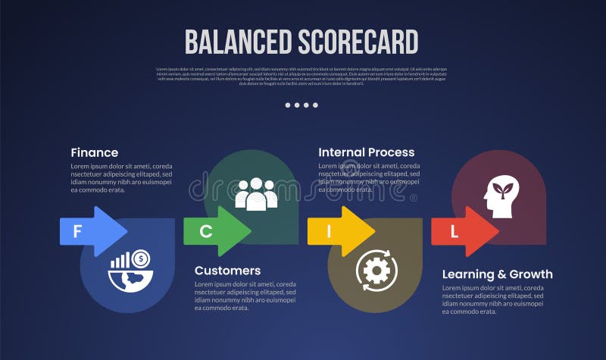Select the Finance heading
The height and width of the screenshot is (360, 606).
(95, 152)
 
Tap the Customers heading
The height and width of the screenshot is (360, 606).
(227, 271)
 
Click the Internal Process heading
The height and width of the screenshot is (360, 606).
(367, 152)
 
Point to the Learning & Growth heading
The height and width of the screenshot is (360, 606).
(498, 274)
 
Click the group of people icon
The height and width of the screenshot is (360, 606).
(256, 194)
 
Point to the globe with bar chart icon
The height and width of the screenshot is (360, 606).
(128, 269)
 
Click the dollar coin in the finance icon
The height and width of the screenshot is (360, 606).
(141, 258)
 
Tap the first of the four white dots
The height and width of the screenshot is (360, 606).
(289, 105)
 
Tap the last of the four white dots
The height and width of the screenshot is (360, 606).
(316, 105)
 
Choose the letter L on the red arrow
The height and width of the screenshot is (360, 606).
(454, 232)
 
